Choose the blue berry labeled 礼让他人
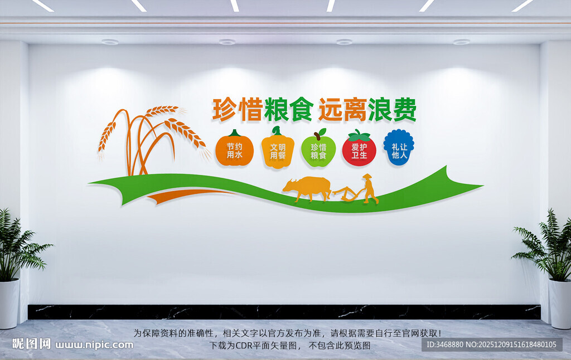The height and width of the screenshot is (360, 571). tap(399, 148)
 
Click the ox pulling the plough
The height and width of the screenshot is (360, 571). tap(306, 188)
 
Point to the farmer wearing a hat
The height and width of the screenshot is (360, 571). tap(369, 188)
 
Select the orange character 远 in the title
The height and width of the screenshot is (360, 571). tap(330, 110)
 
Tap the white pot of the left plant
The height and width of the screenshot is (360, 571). tap(9, 303)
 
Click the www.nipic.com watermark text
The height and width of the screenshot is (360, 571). tap(94, 344)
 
